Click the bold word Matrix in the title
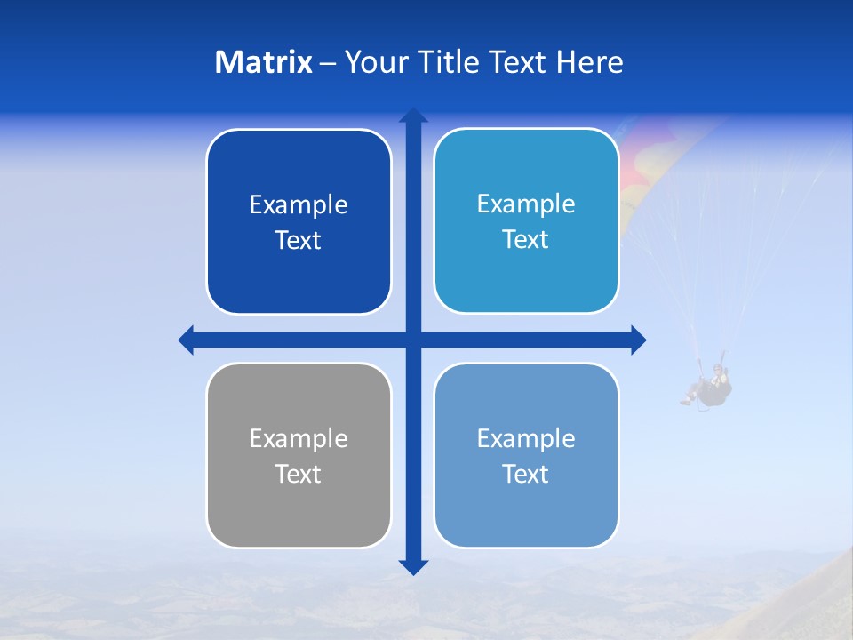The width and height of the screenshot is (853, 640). [x=264, y=62]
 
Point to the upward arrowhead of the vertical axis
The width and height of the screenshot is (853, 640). [x=413, y=116]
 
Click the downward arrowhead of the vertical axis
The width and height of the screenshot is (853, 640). [x=413, y=566]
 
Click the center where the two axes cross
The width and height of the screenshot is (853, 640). [x=413, y=340]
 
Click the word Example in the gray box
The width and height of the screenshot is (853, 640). [x=299, y=438]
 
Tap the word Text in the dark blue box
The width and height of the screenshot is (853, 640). [x=299, y=241]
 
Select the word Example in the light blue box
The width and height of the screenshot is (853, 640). [x=526, y=204]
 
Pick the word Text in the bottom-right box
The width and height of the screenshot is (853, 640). [x=526, y=474]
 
